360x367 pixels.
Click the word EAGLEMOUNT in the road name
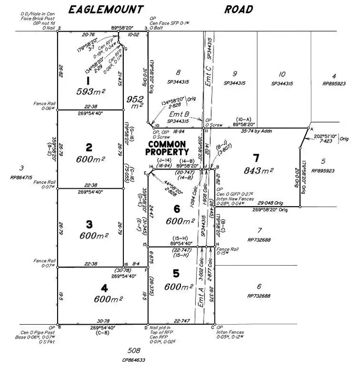pos(106,9)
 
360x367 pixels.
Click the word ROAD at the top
pos(238,9)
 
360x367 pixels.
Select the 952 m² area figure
pos(135,102)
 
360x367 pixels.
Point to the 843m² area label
pos(259,170)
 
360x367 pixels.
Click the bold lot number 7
pos(256,158)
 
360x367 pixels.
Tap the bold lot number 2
pos(89,147)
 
